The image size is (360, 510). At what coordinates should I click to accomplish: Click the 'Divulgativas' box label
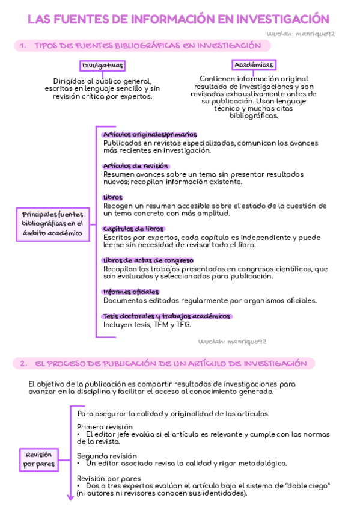(x=102, y=66)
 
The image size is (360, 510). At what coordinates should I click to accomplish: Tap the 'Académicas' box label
(x=253, y=65)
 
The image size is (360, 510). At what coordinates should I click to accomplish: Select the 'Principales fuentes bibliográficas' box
(x=52, y=224)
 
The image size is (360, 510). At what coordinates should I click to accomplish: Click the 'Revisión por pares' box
(x=38, y=459)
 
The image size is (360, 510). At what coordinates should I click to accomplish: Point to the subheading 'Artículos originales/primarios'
(x=150, y=135)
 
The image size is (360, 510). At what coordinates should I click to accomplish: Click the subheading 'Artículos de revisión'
(x=136, y=166)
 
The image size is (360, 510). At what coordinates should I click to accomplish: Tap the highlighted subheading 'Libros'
(x=112, y=197)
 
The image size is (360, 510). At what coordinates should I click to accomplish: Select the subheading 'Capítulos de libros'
(x=133, y=229)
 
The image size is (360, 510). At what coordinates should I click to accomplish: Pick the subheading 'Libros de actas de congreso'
(x=148, y=260)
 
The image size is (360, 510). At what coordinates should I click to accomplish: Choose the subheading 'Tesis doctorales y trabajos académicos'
(x=166, y=316)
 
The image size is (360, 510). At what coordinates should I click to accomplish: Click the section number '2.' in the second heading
(x=23, y=364)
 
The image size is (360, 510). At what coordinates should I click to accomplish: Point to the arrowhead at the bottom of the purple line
(x=70, y=497)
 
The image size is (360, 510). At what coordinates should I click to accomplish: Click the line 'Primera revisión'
(x=105, y=426)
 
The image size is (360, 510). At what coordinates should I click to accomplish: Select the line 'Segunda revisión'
(x=106, y=456)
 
